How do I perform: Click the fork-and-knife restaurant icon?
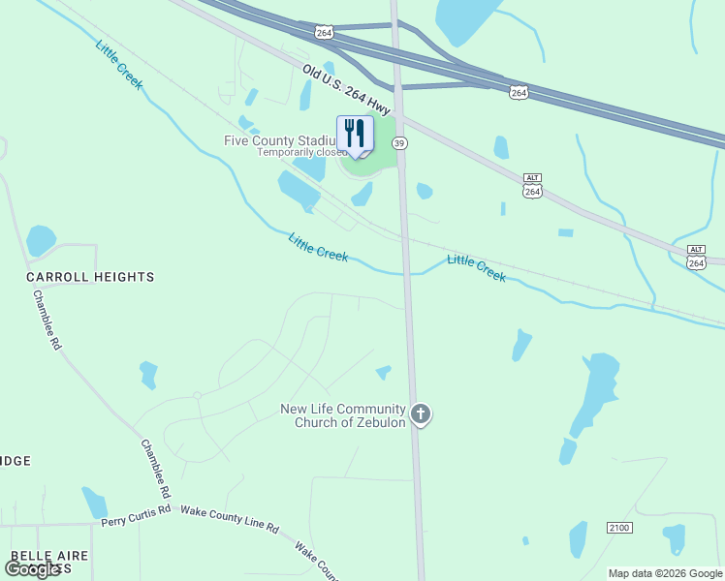[355, 134]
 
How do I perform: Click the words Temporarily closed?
[300, 152]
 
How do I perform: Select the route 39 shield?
[398, 143]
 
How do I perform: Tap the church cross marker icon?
[421, 414]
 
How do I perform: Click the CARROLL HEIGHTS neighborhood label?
[90, 277]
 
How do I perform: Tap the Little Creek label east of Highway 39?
[476, 268]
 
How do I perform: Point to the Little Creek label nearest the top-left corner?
[119, 64]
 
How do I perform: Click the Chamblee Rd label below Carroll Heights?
[47, 319]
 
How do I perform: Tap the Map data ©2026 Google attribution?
[665, 573]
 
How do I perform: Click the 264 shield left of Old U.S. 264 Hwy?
[324, 32]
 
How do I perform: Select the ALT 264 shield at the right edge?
[696, 257]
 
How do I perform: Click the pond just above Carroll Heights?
[41, 239]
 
